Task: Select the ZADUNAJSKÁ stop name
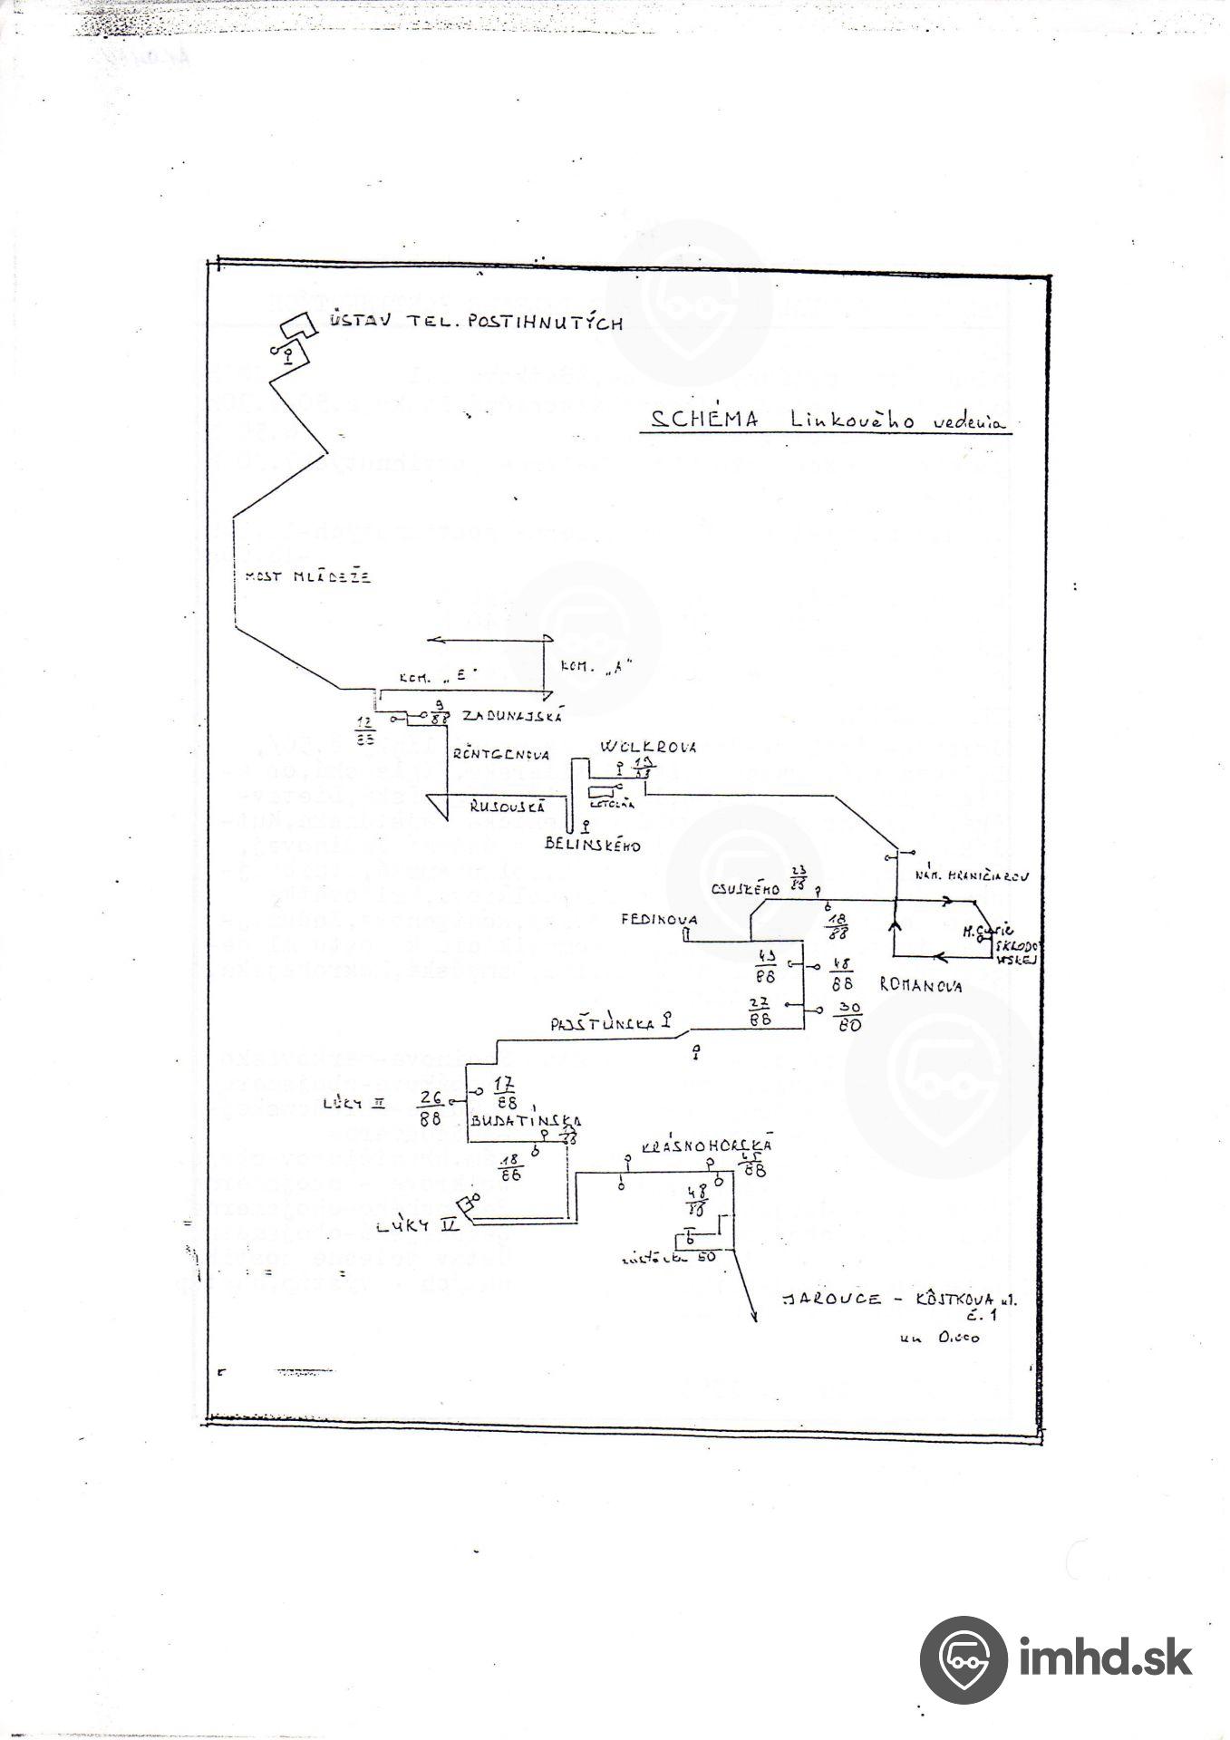(513, 716)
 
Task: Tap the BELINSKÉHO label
(593, 846)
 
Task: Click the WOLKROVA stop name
(647, 747)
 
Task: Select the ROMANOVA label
(920, 986)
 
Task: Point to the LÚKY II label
(352, 1104)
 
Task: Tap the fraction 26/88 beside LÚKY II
(430, 1107)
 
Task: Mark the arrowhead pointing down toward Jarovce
(753, 1319)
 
